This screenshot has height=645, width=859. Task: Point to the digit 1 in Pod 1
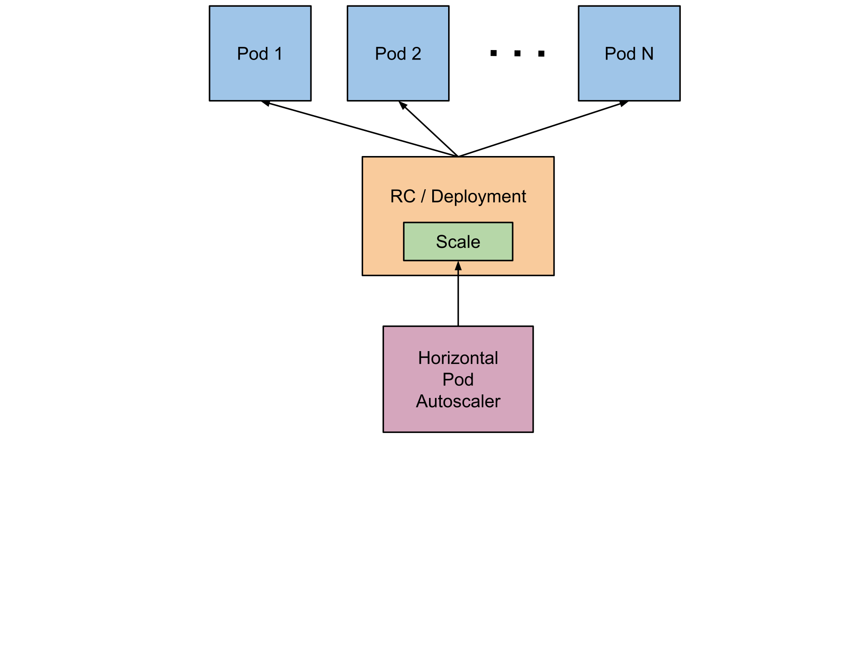coord(278,54)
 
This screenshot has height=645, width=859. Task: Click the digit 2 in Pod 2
coord(416,54)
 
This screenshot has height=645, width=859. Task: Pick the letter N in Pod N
coord(647,54)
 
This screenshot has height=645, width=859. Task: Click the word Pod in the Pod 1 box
coord(253,54)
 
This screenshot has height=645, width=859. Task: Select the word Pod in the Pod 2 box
coord(390,54)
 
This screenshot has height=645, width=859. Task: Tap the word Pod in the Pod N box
coord(620,54)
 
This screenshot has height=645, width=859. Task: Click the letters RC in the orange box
coord(403,197)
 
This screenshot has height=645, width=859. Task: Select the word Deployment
coord(478,197)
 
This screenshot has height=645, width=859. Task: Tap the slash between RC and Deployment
coord(423,197)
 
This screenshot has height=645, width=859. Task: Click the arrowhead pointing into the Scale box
coord(458,266)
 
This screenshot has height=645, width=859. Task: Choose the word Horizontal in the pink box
coord(458,358)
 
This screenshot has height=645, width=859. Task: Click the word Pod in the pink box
coord(458,379)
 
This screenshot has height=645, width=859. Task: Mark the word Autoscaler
coord(458,401)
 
